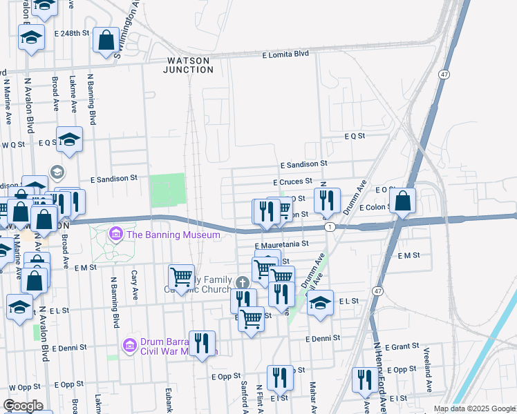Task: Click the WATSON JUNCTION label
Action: coord(189,65)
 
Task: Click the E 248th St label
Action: coord(72,33)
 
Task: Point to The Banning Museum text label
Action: coord(173,235)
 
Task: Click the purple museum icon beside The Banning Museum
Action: coord(115,235)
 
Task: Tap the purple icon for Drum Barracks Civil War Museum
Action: coord(129,345)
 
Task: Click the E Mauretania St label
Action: coord(281,245)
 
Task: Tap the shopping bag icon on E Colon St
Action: coord(404,201)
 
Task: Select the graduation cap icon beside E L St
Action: coord(320,303)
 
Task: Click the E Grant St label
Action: coord(402,346)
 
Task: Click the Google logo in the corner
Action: coord(23,406)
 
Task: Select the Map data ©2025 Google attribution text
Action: coord(473,408)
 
